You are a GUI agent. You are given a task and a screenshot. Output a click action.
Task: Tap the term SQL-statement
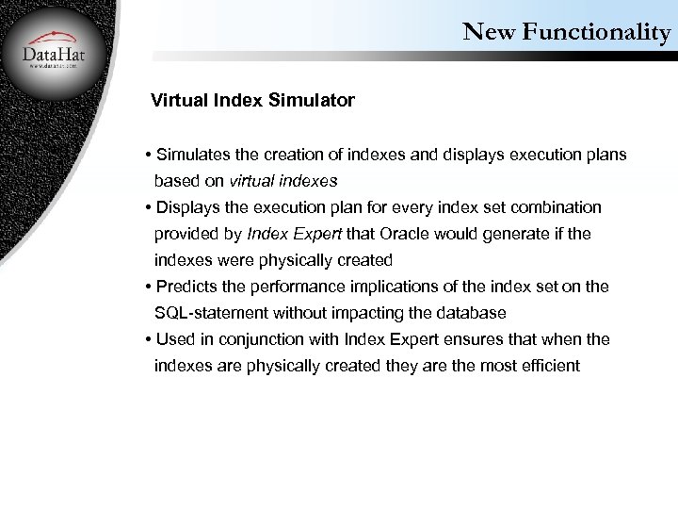click(212, 312)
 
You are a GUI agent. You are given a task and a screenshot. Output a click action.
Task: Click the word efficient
click(547, 365)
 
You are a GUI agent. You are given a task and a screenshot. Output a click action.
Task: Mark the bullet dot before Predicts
click(149, 287)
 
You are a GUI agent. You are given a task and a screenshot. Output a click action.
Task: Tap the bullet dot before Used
click(149, 339)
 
